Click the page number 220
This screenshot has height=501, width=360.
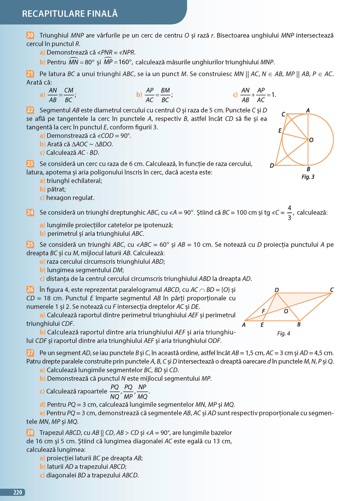point(18,492)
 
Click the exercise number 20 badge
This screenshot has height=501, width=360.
point(30,35)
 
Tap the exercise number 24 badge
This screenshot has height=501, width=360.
point(30,212)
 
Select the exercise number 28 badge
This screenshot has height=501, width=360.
point(30,432)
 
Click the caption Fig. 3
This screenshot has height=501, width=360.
point(308,177)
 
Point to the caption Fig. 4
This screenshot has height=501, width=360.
point(284,333)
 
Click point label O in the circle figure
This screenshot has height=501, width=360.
point(311,140)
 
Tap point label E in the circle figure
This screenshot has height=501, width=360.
point(280,131)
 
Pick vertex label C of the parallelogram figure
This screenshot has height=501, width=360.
point(332,290)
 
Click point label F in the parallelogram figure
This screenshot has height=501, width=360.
point(263,311)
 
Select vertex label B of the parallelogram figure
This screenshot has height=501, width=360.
point(299,324)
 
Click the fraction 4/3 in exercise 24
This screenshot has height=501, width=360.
point(289,213)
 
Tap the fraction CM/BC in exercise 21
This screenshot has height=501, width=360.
point(69,95)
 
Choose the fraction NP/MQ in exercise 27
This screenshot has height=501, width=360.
point(142,392)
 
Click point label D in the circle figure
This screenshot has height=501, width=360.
point(272,165)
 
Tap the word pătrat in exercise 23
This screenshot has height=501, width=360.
point(56,189)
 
